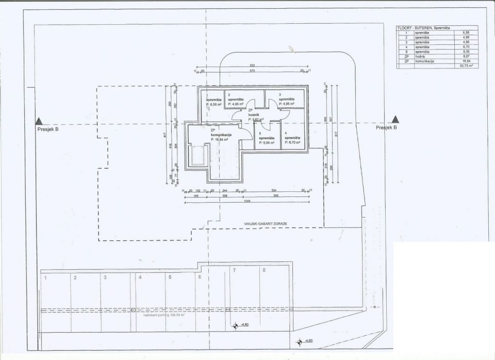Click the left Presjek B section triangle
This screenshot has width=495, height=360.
[x=39, y=121]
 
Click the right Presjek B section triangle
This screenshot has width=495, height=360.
[x=395, y=120]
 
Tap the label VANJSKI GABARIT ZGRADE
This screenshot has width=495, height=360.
[x=266, y=224]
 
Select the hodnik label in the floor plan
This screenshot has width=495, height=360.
[x=253, y=114]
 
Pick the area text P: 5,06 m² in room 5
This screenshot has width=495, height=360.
[x=267, y=142]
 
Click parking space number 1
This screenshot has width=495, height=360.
[x=46, y=278]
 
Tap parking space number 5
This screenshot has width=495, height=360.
[x=169, y=277]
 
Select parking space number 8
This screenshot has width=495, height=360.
[x=264, y=270]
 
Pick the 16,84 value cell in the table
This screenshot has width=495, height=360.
[x=466, y=61]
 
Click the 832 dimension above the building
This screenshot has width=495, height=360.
[x=253, y=66]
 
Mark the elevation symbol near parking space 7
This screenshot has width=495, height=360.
[x=235, y=325]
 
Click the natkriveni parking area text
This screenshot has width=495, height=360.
[x=164, y=315]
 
